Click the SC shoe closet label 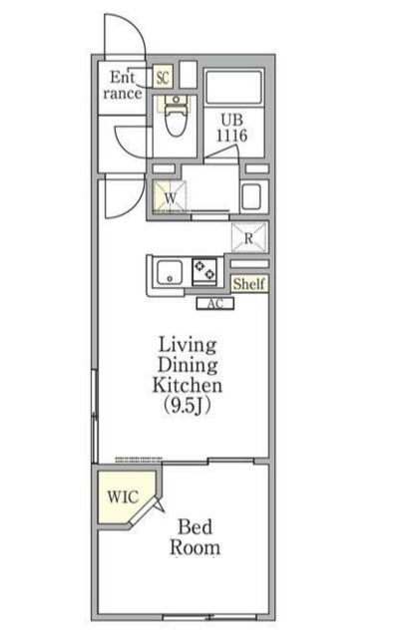coord(163,77)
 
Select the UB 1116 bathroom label coord(231,128)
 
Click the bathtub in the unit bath coord(233,87)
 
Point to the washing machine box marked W coord(171,196)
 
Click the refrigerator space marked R coord(248,238)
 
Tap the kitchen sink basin coord(170,272)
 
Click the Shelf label coord(248,283)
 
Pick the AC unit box coord(215,303)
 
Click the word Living coord(188,345)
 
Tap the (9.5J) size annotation coord(187,406)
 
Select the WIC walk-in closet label coord(123,496)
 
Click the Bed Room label coord(196,537)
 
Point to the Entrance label coord(123,85)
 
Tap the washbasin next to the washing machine coord(250,196)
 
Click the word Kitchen coord(188,386)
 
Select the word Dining coord(188,365)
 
